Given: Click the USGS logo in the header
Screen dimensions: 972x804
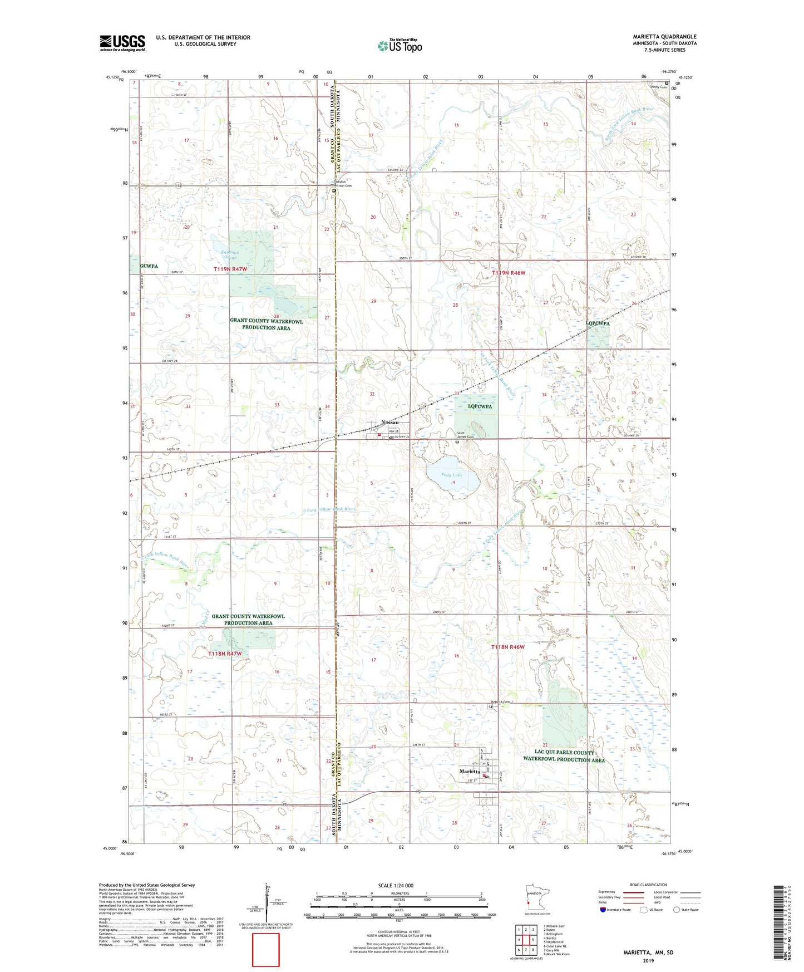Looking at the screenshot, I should pos(122,43).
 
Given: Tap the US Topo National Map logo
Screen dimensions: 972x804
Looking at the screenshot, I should pos(399,46).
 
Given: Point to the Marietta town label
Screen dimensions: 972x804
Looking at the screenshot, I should pos(470,772).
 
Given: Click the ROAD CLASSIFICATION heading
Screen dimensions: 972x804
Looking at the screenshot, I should pos(648,885).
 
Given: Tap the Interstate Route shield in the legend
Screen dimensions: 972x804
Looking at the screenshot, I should pos(603,910).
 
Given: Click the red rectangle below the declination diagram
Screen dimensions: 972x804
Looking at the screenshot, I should pos(266,950).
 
